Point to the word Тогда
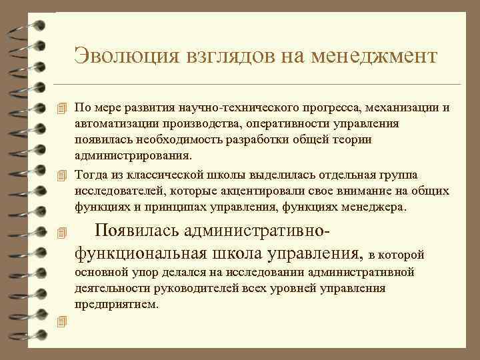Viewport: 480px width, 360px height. click(91, 175)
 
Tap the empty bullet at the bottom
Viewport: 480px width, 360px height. click(63, 322)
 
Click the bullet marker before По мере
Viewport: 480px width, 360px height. click(63, 109)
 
